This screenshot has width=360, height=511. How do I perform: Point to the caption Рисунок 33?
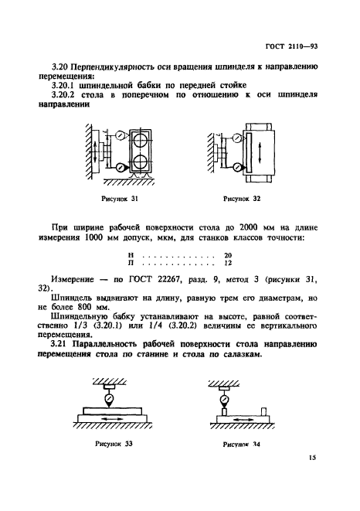pyautogui.click(x=116, y=445)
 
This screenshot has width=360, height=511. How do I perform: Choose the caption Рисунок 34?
pyautogui.click(x=240, y=445)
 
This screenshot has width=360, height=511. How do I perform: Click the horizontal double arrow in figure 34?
pyautogui.click(x=239, y=421)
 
